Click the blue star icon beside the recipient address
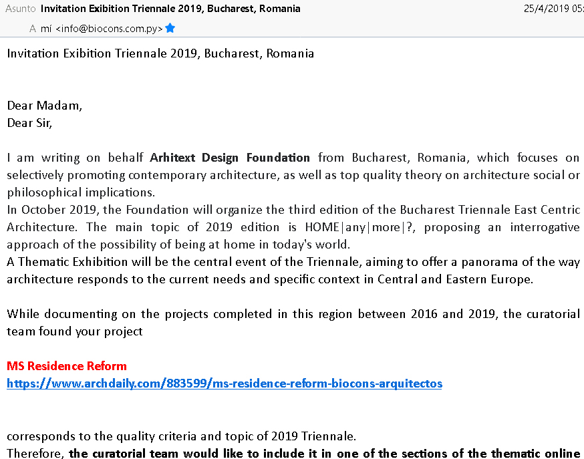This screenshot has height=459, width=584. pos(170,28)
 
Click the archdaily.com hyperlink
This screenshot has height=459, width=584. pos(225,384)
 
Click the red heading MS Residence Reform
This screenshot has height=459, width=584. pos(67,366)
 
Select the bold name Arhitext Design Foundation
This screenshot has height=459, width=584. pos(230,158)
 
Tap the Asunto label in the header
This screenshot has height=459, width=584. pos(21,9)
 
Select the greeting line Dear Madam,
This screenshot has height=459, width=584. pos(45,106)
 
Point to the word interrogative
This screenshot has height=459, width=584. pos(545,227)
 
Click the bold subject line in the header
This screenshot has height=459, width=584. pos(170,9)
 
